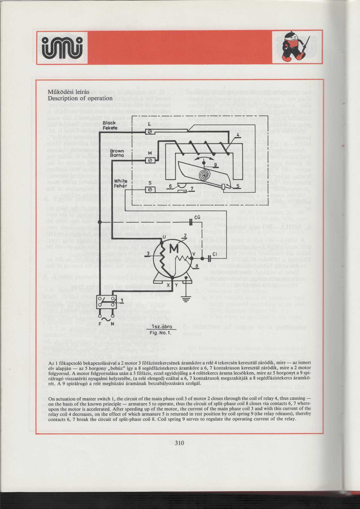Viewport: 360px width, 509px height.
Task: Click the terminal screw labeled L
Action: [x=150, y=131]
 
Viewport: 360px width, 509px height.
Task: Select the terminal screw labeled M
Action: [x=150, y=160]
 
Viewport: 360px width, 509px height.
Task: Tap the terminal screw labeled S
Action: [x=150, y=190]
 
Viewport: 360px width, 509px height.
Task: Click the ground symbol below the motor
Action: [x=187, y=299]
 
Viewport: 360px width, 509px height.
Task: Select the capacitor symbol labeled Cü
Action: [x=191, y=222]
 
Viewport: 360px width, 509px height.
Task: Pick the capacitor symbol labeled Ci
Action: [x=209, y=258]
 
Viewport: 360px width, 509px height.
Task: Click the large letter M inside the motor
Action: [x=174, y=249]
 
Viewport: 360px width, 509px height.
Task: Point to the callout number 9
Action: [x=215, y=165]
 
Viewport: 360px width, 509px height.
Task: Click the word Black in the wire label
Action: [x=109, y=123]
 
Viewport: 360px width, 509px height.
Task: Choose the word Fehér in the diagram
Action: [x=120, y=186]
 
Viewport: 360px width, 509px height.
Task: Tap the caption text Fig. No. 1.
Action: [x=160, y=333]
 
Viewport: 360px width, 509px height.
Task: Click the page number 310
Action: [x=180, y=442]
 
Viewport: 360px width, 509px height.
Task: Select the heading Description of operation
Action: [x=80, y=98]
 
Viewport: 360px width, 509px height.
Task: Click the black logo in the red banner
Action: [x=62, y=48]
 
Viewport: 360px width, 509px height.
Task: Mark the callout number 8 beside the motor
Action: [x=197, y=266]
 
